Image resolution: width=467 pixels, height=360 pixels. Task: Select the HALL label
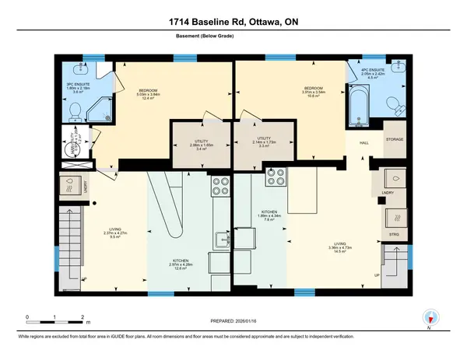click(x=363, y=143)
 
